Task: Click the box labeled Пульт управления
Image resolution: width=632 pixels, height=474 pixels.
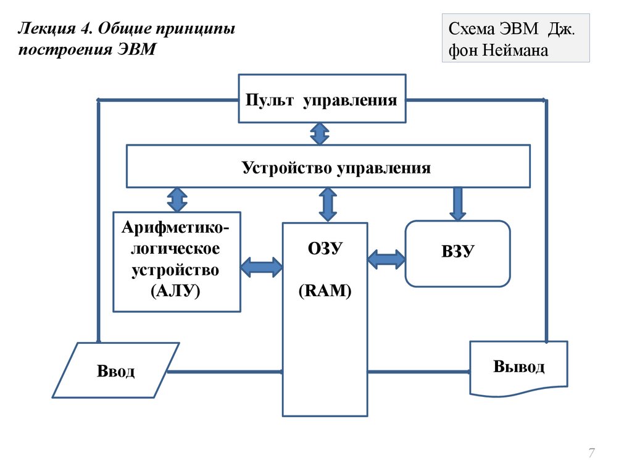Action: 322,99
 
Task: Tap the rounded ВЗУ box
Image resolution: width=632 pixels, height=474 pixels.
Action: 457,254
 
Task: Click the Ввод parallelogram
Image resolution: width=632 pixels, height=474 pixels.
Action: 115,370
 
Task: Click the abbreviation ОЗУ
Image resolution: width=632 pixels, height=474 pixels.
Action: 325,249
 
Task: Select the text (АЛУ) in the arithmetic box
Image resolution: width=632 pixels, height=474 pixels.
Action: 176,291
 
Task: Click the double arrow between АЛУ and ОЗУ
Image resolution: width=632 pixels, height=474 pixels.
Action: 262,267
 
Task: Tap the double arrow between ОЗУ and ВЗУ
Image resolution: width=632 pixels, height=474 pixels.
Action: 386,259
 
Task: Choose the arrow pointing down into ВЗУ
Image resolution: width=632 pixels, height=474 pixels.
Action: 457,204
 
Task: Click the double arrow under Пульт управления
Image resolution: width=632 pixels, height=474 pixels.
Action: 319,134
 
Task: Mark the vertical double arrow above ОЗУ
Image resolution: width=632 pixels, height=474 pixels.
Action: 328,204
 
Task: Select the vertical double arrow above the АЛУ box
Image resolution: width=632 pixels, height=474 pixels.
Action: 177,199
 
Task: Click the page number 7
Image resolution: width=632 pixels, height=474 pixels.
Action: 591,454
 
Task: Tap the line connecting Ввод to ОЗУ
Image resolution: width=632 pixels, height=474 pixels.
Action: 225,372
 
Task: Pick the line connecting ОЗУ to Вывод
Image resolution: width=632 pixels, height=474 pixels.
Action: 418,372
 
